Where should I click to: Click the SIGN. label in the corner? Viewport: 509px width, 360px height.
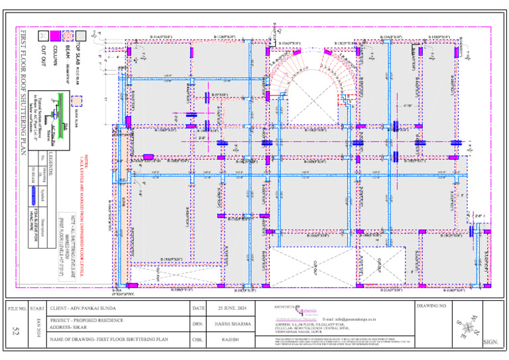click(x=491, y=342)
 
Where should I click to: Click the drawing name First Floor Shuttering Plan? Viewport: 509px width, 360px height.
click(x=109, y=339)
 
